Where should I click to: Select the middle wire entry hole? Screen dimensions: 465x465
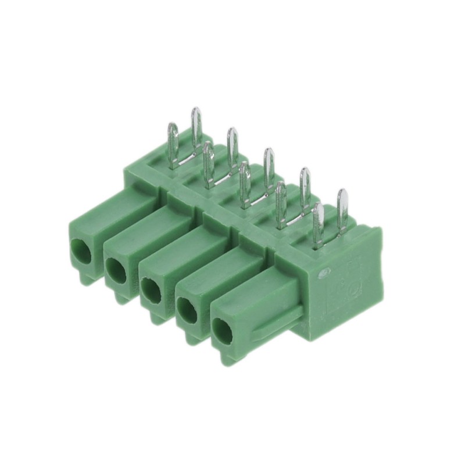click(151, 289)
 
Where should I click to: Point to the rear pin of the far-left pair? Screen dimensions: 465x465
click(196, 125)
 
